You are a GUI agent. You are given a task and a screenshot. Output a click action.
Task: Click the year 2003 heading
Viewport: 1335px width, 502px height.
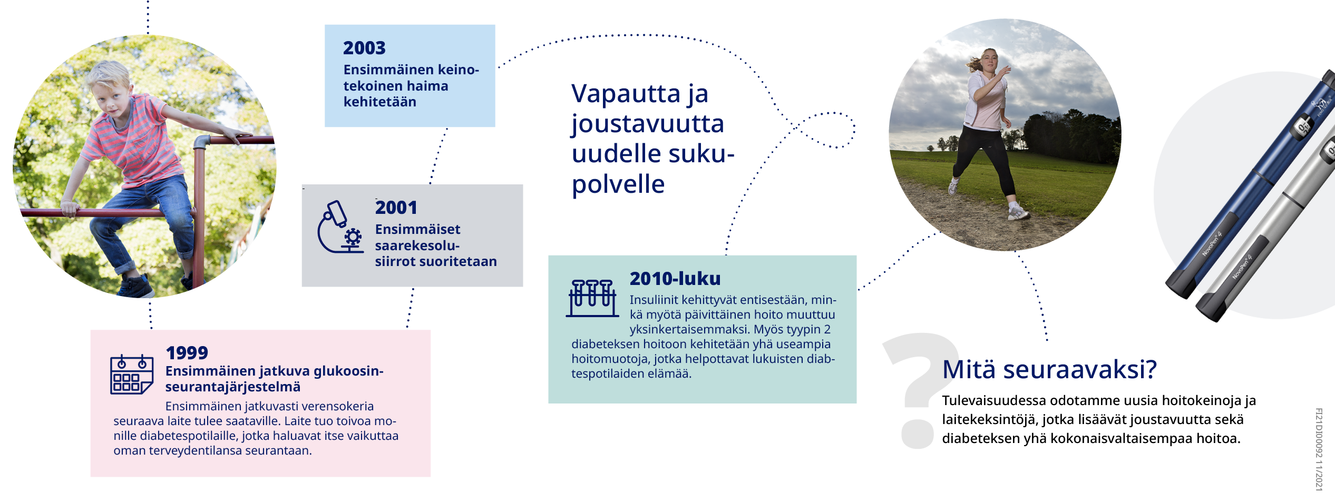pyautogui.click(x=364, y=48)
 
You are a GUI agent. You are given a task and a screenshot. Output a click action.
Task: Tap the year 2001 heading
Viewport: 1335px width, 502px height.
pyautogui.click(x=396, y=208)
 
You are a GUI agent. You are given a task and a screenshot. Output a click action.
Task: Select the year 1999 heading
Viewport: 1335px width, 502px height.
pyautogui.click(x=187, y=352)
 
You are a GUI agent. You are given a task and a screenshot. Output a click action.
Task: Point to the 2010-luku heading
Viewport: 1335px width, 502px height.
pyautogui.click(x=675, y=278)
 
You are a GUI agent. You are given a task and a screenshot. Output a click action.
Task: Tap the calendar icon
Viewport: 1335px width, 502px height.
pyautogui.click(x=132, y=375)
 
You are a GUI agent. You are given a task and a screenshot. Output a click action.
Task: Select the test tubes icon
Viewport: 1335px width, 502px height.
pyautogui.click(x=592, y=298)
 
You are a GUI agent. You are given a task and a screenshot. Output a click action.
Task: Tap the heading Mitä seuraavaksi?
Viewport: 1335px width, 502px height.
pyautogui.click(x=1049, y=369)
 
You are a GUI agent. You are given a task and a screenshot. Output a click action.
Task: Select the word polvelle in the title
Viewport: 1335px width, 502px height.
pyautogui.click(x=618, y=184)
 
